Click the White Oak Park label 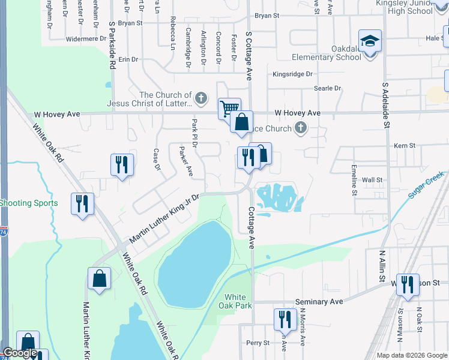point(235,301)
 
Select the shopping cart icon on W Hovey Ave point(229,109)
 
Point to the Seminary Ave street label point(319,302)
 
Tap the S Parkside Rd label point(112,46)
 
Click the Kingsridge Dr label point(293,74)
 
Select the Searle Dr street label point(327,88)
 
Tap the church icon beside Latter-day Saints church point(201,97)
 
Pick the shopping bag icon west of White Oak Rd point(99,278)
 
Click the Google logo point(20,353)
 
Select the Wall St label point(372,179)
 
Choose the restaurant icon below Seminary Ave point(285,319)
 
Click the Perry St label point(258,343)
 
